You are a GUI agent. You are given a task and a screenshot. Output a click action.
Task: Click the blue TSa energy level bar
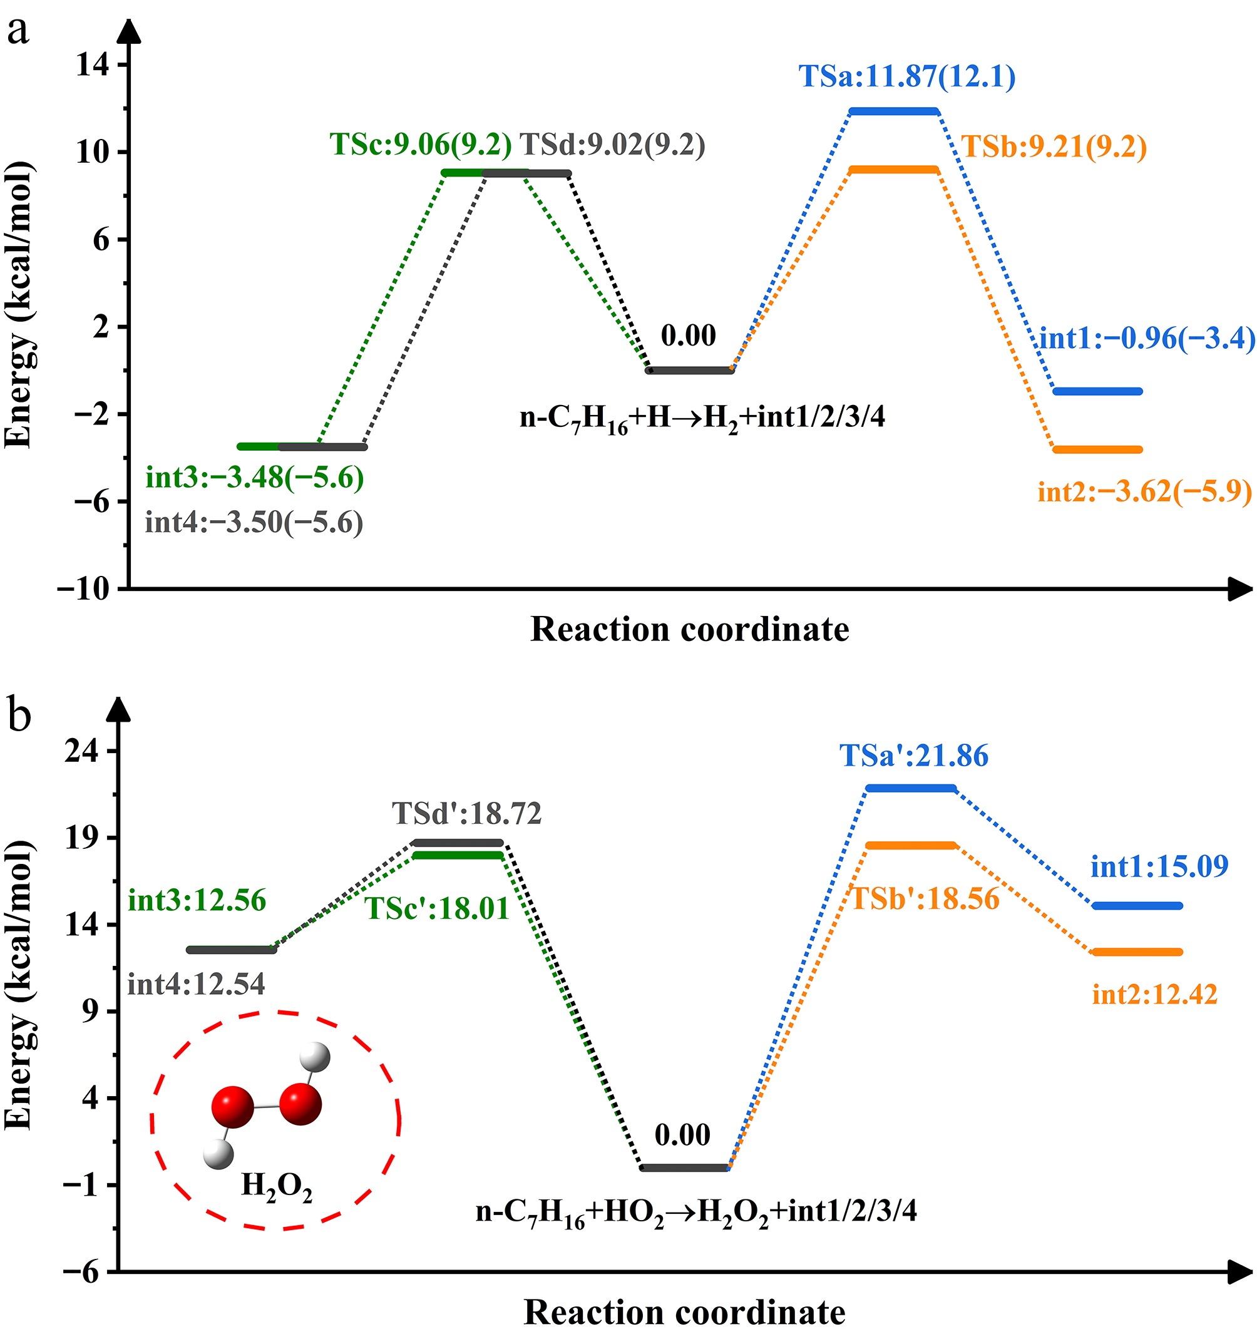click(x=894, y=111)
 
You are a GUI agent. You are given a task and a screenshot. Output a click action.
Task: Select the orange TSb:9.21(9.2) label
click(x=1054, y=146)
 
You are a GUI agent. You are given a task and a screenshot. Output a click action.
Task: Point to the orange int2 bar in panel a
click(x=1097, y=449)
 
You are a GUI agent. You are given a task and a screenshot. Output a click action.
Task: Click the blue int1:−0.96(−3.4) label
click(x=1146, y=339)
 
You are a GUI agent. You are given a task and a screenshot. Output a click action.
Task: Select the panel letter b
click(x=19, y=715)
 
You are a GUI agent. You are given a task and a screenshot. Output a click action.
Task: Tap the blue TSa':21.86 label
click(x=914, y=756)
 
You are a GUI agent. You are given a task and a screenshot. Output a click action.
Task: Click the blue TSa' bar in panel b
click(x=911, y=788)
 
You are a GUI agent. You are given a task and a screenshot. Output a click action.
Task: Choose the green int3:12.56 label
click(x=197, y=900)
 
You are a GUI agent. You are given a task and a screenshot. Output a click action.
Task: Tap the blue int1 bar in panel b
click(x=1137, y=906)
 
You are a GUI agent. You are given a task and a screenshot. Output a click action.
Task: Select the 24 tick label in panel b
click(x=81, y=751)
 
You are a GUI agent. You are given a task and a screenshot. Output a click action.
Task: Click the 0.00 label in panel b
click(x=682, y=1136)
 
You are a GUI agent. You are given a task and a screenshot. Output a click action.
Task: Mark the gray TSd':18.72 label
click(x=466, y=814)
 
